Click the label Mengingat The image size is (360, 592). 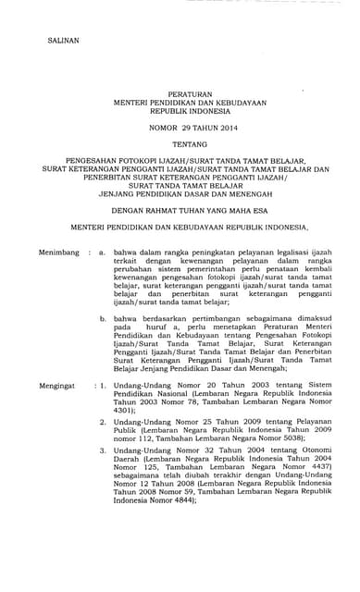(34, 406)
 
